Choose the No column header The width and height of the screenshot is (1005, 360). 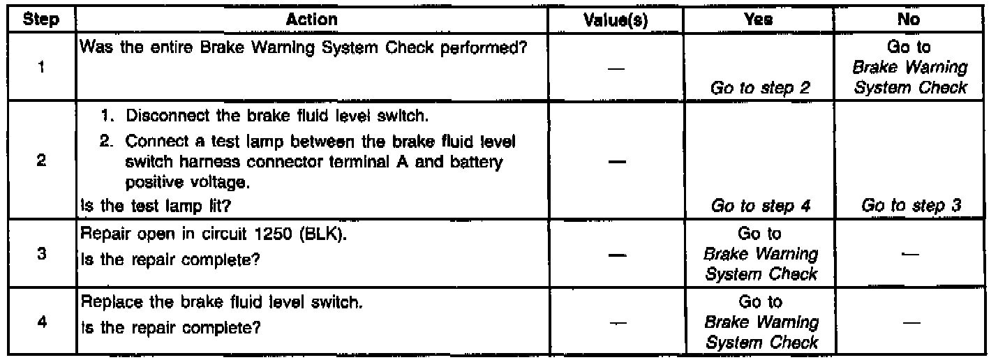tap(909, 20)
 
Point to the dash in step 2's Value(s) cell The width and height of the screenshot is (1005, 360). tap(616, 163)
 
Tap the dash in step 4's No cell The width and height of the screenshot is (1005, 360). tap(909, 323)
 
